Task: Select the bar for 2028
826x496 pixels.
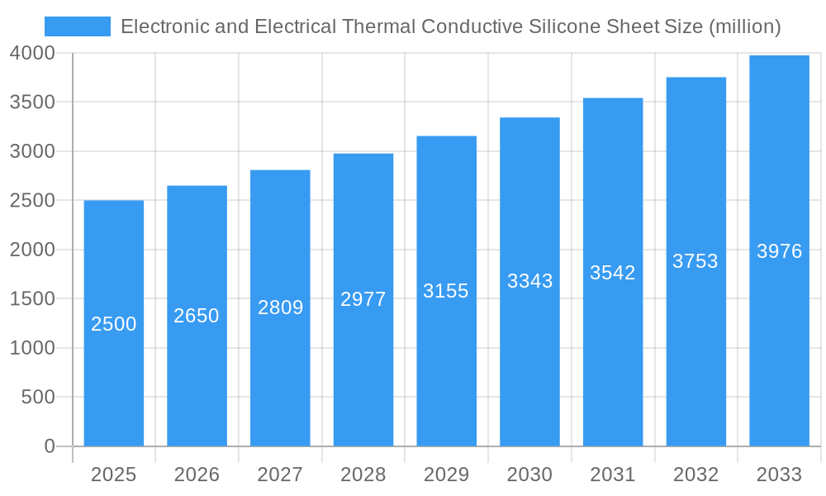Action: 363,372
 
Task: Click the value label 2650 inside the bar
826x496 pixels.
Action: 197,316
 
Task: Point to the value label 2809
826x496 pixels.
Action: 281,308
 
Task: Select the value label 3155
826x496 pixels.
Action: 446,291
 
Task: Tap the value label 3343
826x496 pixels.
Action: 529,281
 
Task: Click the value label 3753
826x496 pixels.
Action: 695,261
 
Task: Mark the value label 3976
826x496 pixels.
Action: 779,251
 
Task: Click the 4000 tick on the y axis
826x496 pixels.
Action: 32,53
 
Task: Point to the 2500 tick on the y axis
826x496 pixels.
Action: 32,201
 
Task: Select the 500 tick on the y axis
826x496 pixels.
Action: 38,398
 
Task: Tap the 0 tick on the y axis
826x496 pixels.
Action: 49,446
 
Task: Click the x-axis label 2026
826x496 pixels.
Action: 197,475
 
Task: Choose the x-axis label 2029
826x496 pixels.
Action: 446,475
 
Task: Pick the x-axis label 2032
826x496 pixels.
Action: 695,475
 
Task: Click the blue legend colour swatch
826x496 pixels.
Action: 78,26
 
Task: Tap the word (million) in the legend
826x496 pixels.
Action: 744,26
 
